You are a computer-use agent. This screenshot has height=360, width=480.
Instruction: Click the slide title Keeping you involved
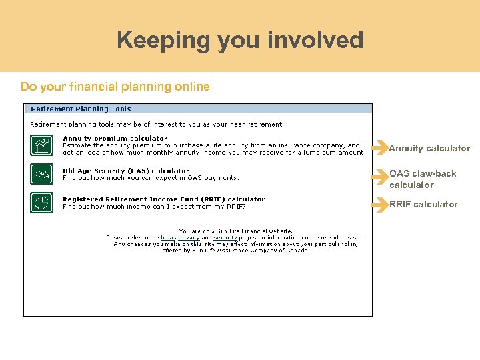pos(240,40)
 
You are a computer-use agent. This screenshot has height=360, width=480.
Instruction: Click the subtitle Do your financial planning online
pos(115,87)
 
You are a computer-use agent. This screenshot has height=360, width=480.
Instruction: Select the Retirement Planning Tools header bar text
pos(81,109)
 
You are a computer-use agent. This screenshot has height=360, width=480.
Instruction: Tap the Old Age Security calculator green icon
pos(41,174)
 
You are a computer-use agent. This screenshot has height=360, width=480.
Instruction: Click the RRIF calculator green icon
pos(41,202)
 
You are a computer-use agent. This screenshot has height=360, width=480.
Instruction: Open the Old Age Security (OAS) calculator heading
pos(125,171)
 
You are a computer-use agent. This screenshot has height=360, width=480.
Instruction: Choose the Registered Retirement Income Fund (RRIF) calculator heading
pos(163,199)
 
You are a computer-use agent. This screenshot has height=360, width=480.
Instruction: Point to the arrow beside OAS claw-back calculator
pos(380,177)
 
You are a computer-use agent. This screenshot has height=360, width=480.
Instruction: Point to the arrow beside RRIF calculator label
pos(380,205)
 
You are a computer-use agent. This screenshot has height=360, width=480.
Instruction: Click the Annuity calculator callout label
pos(429,148)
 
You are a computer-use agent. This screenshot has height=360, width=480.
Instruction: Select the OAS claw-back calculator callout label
pos(423,179)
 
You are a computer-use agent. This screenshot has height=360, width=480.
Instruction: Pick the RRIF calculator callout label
pos(423,204)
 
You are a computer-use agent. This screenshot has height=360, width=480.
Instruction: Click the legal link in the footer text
pos(167,237)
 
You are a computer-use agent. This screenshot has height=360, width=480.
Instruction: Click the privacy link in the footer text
pos(189,237)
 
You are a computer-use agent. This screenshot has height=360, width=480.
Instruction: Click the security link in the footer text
pos(225,237)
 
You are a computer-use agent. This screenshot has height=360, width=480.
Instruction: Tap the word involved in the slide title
pos(315,40)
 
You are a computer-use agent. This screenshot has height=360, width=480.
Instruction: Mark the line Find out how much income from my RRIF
pos(154,207)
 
